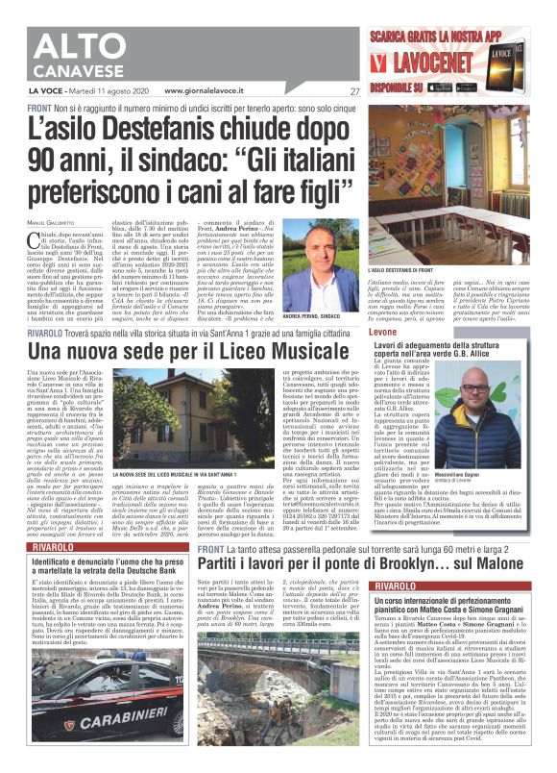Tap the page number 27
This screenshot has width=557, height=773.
[354, 92]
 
